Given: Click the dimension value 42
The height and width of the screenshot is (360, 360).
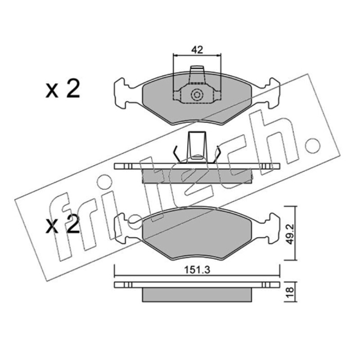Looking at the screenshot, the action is pos(197,50).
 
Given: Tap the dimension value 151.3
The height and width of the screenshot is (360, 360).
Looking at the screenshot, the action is pos(197,270).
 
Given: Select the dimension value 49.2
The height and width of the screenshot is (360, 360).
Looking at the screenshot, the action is pos(291,234).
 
